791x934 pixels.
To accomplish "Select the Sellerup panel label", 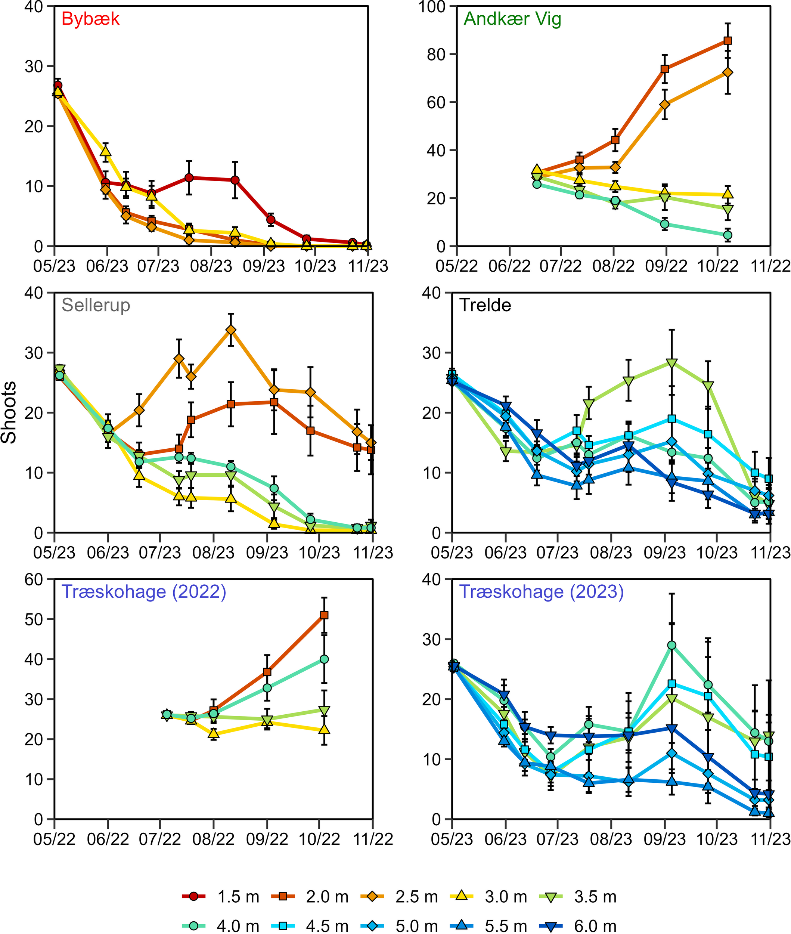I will (x=96, y=306).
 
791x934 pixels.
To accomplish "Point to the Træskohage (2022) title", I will (x=143, y=592).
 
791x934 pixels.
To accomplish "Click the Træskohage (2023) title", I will (x=542, y=592).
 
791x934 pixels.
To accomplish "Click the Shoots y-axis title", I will (x=9, y=412).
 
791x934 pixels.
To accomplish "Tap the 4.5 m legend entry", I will (x=309, y=925).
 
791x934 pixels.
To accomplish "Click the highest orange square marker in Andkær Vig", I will (x=728, y=41).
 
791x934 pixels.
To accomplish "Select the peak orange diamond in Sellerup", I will (x=231, y=330).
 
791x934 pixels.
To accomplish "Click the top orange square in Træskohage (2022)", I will (x=324, y=615).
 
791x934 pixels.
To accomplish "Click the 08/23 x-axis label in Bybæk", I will (x=211, y=266).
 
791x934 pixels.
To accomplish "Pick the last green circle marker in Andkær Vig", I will (x=728, y=235).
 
